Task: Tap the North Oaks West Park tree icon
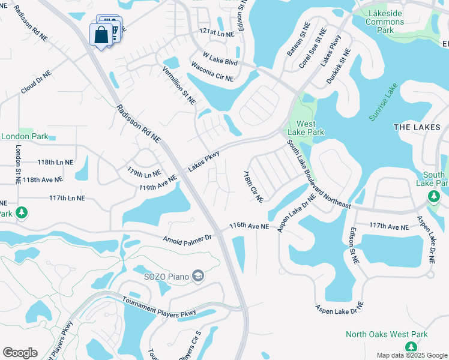tap(411, 347)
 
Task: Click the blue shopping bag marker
tap(100, 35)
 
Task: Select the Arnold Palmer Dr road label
tap(187, 238)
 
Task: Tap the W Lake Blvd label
tap(220, 59)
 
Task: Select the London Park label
tap(25, 136)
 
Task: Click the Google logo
tap(20, 353)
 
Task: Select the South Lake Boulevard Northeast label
tap(318, 174)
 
